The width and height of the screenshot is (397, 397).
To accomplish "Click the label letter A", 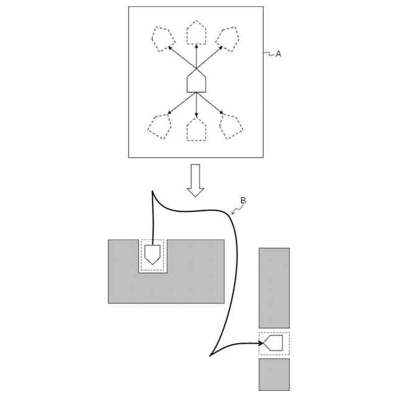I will (x=279, y=55).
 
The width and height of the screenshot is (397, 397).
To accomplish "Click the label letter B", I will (x=243, y=200).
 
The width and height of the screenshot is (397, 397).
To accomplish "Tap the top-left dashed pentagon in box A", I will (x=163, y=38).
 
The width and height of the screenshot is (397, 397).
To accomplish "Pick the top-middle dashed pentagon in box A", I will (x=197, y=33).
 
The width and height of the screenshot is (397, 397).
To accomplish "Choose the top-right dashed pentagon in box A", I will (x=229, y=38).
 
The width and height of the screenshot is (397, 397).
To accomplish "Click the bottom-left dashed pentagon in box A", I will (x=159, y=127).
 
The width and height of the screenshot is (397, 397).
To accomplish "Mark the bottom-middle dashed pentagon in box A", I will (x=197, y=130).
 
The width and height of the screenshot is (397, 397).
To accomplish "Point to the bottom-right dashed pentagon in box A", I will (x=232, y=127).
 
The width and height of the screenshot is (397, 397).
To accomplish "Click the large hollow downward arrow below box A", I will (x=196, y=180).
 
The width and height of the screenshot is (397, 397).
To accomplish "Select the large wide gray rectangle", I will (x=186, y=285).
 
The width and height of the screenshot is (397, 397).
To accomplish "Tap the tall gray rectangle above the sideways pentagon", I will (x=274, y=287).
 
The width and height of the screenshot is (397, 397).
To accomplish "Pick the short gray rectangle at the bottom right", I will (x=274, y=374).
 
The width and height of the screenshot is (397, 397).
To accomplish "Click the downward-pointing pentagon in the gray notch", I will (x=153, y=254).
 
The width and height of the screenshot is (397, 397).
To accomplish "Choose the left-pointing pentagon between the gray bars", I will (x=274, y=342).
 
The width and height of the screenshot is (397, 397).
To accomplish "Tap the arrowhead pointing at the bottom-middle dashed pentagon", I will (x=197, y=115).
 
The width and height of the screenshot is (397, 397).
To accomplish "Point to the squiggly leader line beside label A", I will (x=269, y=54).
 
